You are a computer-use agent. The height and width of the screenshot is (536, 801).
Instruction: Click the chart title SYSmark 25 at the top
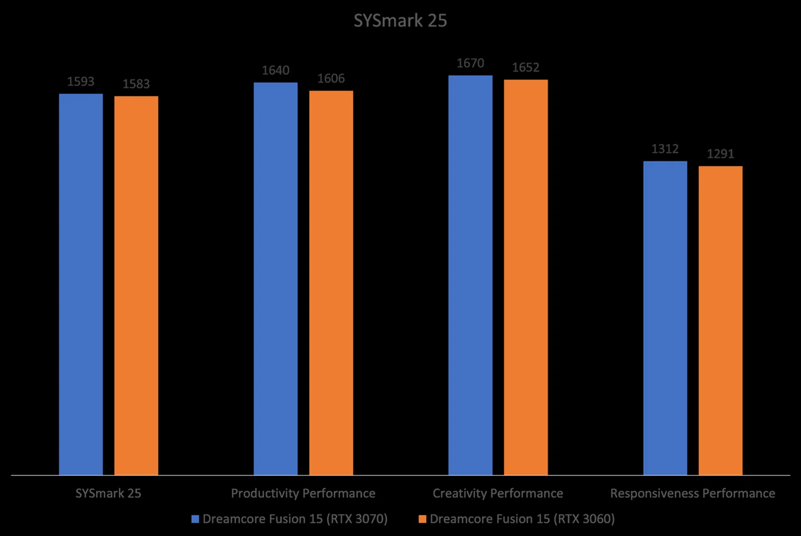(x=400, y=21)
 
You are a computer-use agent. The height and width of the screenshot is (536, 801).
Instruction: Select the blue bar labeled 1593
(x=81, y=283)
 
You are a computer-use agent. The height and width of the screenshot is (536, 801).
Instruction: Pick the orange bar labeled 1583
(x=136, y=286)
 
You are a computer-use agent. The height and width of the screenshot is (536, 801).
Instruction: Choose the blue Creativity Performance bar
(x=470, y=275)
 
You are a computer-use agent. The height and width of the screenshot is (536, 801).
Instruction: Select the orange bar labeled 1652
(x=526, y=277)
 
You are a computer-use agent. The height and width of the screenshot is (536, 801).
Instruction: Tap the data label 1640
(x=275, y=70)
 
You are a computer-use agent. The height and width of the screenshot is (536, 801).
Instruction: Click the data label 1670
(x=470, y=63)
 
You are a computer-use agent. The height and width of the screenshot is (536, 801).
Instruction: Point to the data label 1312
(x=665, y=149)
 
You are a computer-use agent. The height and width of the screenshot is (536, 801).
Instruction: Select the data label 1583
(x=136, y=84)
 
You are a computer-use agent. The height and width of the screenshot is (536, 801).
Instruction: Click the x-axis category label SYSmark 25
(x=108, y=493)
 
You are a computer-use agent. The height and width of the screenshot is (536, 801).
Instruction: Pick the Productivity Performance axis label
(x=303, y=493)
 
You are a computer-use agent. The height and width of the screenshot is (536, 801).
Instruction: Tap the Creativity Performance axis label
(x=498, y=493)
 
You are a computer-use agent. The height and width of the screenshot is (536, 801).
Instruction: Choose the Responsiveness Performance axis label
(x=693, y=493)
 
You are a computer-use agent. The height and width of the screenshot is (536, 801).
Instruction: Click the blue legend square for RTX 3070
(x=195, y=519)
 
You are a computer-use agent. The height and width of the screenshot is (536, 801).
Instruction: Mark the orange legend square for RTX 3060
(x=422, y=519)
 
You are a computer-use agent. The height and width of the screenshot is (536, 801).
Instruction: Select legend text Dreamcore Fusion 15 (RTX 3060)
(x=522, y=519)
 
